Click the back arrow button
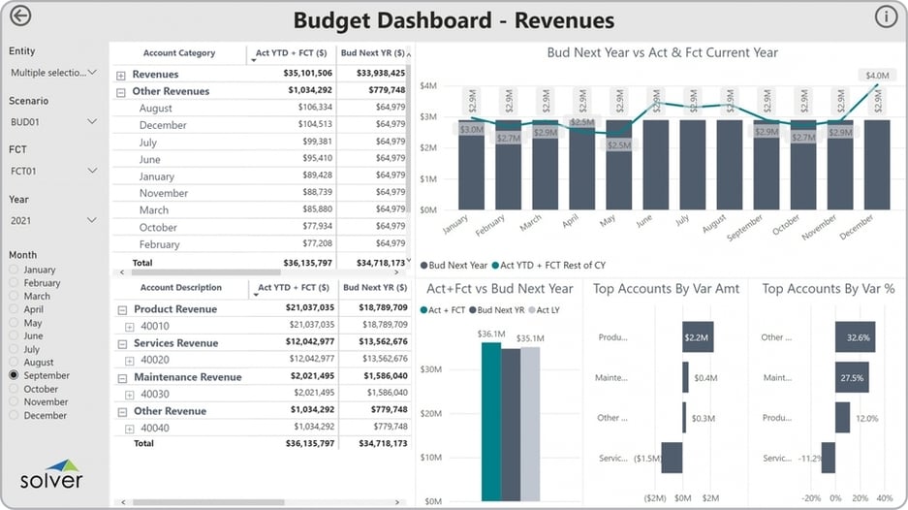tap(19, 16)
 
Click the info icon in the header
tap(886, 16)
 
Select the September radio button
tap(15, 375)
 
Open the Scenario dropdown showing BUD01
tap(53, 122)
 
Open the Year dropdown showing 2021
tap(53, 220)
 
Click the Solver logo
tap(51, 474)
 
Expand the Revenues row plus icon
tap(121, 75)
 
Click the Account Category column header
tap(179, 53)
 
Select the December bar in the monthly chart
tap(877, 164)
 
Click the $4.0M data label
tap(877, 75)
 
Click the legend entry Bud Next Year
tap(455, 264)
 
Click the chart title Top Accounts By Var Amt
tap(665, 289)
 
